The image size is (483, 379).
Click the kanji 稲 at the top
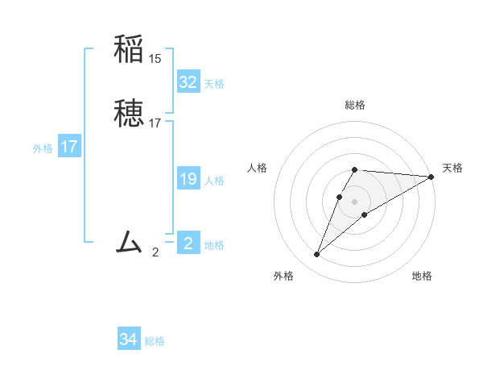point(129,49)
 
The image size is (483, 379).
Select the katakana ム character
point(129,241)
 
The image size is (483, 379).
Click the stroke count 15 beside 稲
point(155,59)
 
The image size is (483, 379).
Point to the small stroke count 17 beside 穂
point(155,123)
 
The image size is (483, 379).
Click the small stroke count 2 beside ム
point(155,252)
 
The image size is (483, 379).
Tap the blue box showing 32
point(188,82)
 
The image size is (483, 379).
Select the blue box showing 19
point(188,179)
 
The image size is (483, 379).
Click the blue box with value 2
point(188,244)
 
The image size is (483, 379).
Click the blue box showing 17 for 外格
point(68,147)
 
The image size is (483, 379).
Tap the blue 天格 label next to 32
point(214,84)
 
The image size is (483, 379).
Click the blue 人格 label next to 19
point(214,181)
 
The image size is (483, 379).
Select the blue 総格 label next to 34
point(155,341)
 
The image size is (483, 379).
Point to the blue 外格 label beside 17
point(43,148)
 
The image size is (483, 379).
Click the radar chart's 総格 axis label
point(355,105)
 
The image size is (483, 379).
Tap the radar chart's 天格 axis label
point(452,168)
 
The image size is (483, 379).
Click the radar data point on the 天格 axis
point(431,177)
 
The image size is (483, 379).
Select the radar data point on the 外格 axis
point(317,255)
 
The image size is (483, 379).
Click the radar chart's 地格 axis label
point(422,276)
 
